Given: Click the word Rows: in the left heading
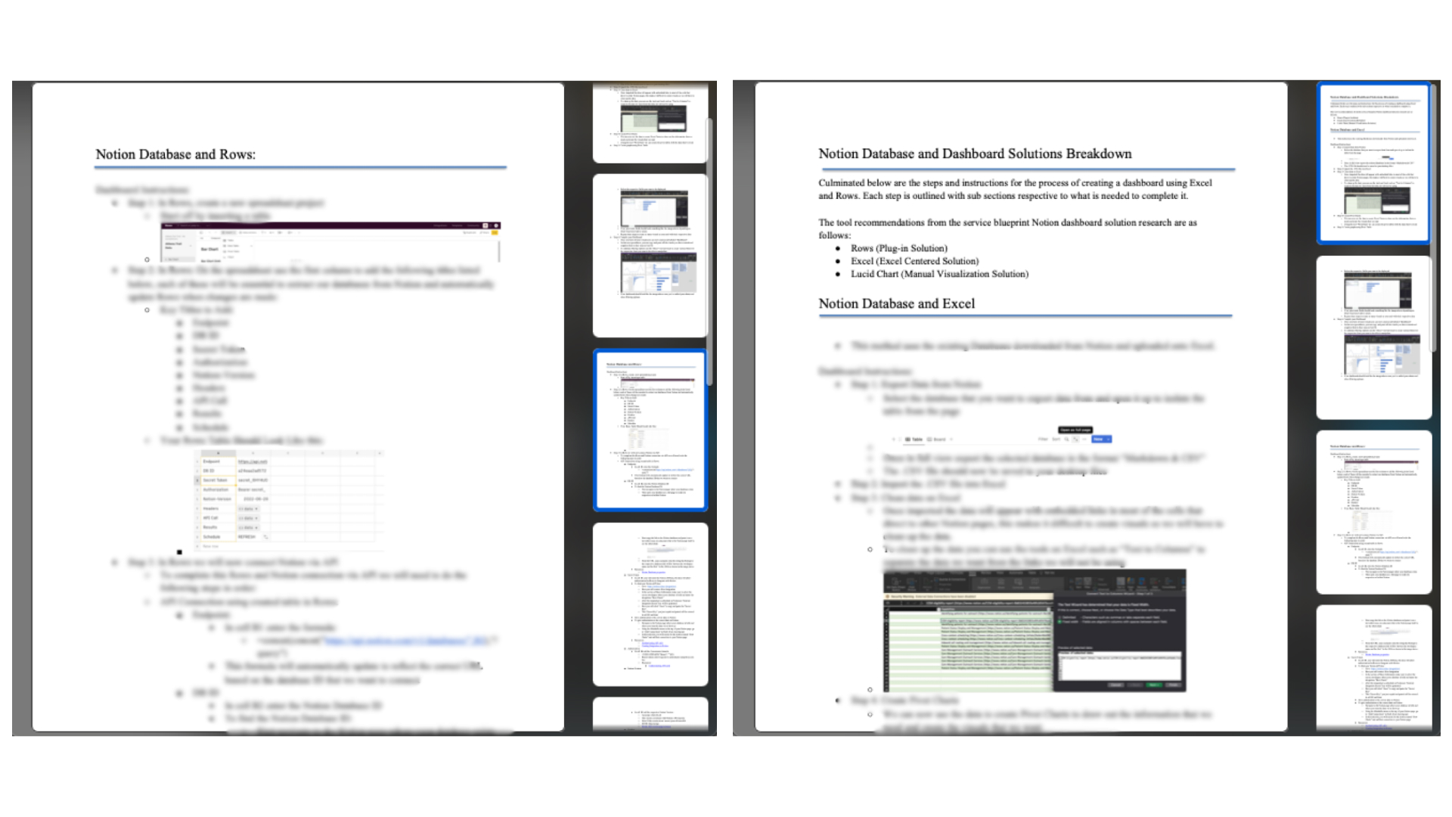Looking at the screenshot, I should pos(237,154).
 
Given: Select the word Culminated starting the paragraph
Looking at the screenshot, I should pos(842,183).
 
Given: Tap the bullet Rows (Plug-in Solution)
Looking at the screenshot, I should pos(898,248).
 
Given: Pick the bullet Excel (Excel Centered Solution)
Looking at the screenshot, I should pos(914,261).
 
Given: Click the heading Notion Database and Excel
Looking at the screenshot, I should pos(896,303).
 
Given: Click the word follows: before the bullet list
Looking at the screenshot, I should pos(834,235).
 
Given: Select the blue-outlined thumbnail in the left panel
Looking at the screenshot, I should pos(650,430).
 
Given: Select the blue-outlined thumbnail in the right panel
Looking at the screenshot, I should pos(1373,163).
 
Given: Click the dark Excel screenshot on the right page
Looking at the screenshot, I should pos(1035,631).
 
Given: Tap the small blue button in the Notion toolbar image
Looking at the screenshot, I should pos(1102,439).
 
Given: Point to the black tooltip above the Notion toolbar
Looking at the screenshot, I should pos(1075,430).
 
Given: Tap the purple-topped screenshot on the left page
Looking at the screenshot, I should pos(330,241).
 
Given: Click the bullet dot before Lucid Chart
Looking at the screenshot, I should pos(838,275).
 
